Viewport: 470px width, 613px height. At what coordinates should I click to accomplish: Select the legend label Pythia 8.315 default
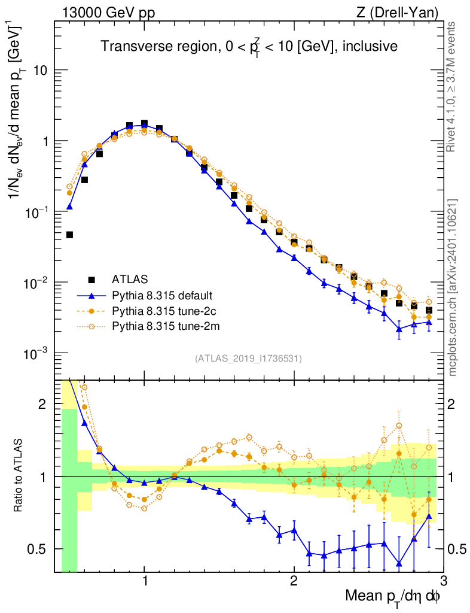tap(163, 295)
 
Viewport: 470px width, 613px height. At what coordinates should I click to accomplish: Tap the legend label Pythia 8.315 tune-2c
tap(163, 311)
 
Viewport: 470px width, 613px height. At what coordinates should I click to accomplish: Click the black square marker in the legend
tap(91, 280)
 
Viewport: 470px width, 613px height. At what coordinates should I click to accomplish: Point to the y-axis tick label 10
tap(40, 71)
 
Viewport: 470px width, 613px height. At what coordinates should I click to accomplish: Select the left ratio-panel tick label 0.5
tap(38, 549)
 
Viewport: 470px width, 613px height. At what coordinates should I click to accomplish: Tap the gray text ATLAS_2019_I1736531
tap(248, 359)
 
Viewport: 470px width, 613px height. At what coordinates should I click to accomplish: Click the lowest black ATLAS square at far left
tap(69, 235)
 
